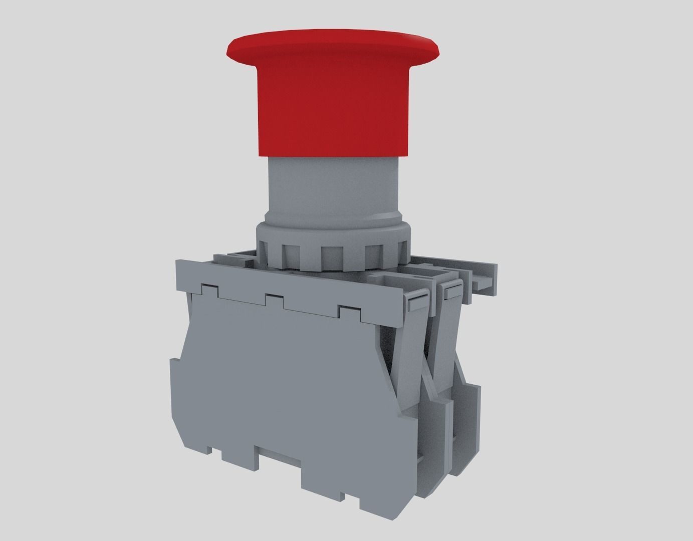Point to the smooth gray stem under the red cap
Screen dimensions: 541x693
tap(331, 190)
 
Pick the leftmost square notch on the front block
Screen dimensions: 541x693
tap(209, 290)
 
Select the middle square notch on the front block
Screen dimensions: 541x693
tap(274, 301)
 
